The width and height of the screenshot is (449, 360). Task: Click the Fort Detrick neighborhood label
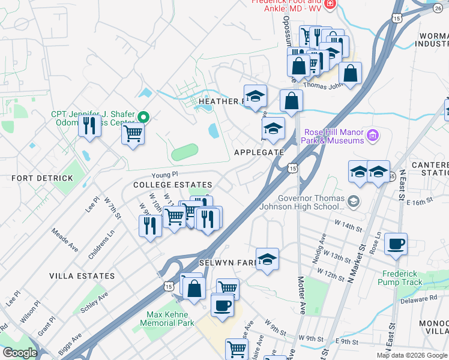[x=42, y=178]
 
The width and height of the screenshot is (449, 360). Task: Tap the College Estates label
[x=172, y=185]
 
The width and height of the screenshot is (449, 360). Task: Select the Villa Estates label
[x=82, y=276]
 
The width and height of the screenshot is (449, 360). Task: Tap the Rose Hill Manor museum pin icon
[x=373, y=136]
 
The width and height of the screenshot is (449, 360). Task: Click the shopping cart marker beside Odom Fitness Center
[x=133, y=133]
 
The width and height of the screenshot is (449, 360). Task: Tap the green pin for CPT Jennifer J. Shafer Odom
[x=143, y=117]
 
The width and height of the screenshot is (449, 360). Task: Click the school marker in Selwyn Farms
[x=267, y=259]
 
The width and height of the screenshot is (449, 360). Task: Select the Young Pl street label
[x=164, y=174]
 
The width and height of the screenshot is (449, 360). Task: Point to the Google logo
[x=20, y=353]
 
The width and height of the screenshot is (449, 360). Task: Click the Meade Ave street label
[x=65, y=239]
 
